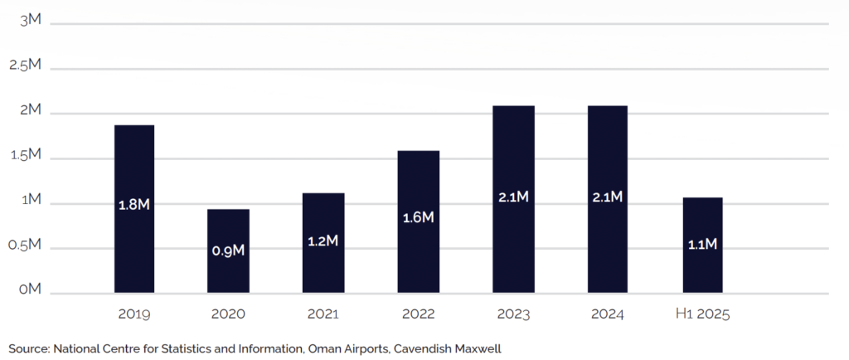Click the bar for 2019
pos(133,166)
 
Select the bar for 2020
pos(228,224)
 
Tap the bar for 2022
pos(418,182)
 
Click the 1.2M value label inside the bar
pos(323,241)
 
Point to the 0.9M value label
pos(228,250)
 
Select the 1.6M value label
pos(418,217)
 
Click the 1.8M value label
pos(133,204)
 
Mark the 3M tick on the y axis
pos(32,22)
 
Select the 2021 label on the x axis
pos(323,315)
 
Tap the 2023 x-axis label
pos(513,315)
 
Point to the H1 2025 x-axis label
pos(702,315)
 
